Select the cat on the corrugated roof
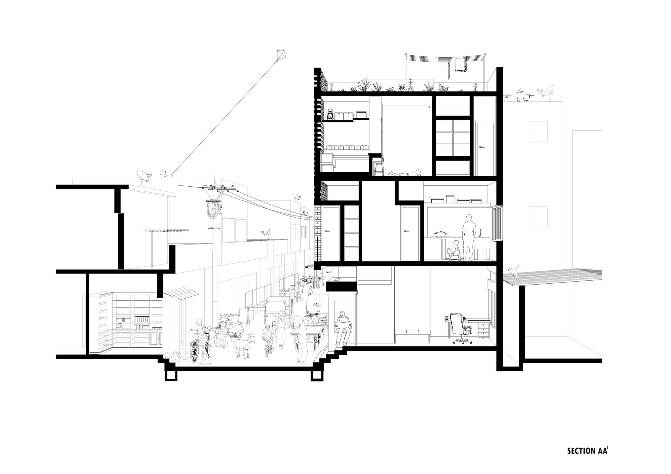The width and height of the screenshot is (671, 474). point(513,271)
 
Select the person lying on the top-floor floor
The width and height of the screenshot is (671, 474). point(404,173)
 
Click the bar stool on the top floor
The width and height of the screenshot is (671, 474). point(378,166)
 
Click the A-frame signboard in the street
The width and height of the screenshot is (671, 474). point(244,316)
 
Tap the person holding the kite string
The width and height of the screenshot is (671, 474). point(164,174)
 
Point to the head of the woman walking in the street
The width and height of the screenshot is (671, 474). point(280,314)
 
